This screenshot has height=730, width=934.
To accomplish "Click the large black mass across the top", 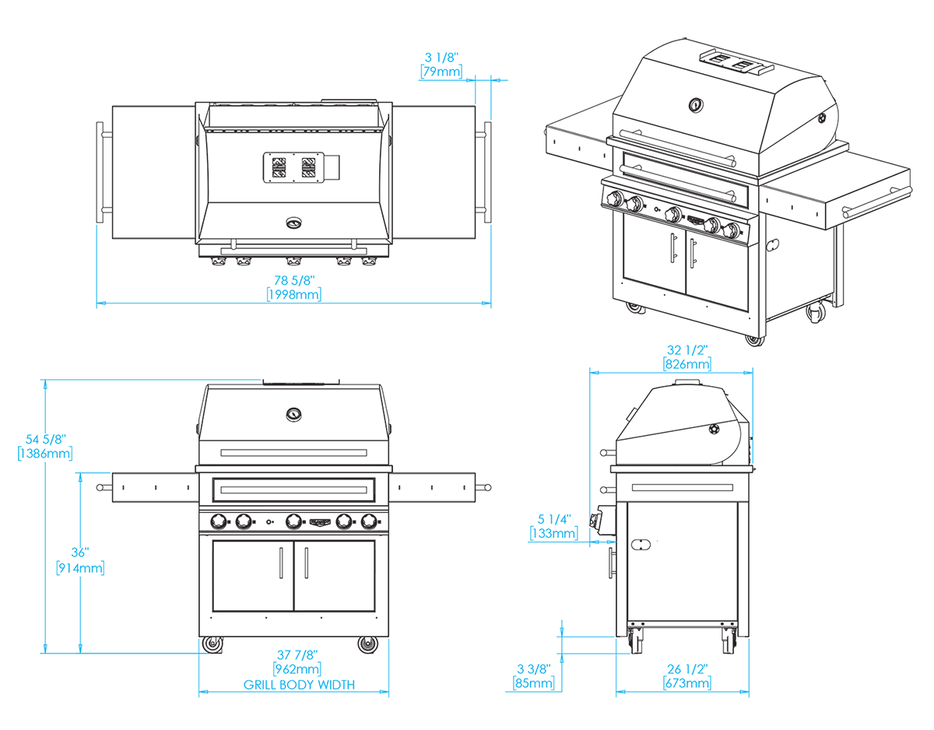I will pos(272,156).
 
